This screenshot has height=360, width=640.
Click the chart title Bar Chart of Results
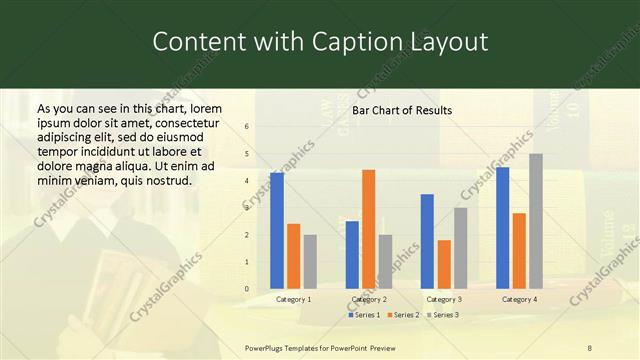402,110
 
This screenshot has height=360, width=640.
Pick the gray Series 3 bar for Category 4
535,222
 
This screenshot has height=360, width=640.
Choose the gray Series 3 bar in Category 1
309,262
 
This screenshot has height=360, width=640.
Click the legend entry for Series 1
363,315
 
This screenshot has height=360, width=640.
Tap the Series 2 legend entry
402,315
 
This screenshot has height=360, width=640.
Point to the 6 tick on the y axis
247,127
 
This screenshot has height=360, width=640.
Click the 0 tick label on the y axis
247,289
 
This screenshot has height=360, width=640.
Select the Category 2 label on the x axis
369,299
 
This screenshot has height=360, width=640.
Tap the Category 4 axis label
519,299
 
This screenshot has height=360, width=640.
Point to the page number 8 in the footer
590,347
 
